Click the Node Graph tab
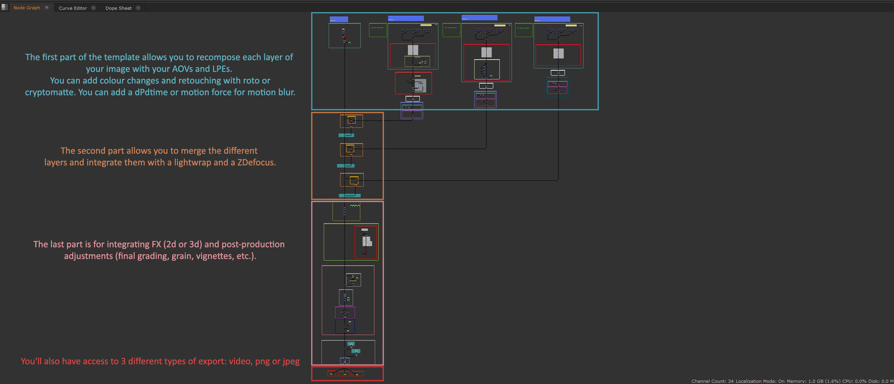click(x=27, y=8)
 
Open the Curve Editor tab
click(x=73, y=8)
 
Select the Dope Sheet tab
click(x=118, y=8)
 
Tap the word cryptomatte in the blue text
click(x=49, y=92)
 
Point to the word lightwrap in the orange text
click(x=192, y=163)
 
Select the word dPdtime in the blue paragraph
click(x=151, y=92)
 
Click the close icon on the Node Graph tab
click(x=47, y=7)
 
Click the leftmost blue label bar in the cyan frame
click(x=339, y=19)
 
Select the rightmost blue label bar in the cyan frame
click(x=552, y=19)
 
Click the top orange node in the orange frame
click(x=352, y=121)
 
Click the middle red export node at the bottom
click(x=345, y=373)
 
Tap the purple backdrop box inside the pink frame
click(x=345, y=312)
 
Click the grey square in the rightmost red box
click(x=558, y=54)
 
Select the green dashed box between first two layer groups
click(x=378, y=30)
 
